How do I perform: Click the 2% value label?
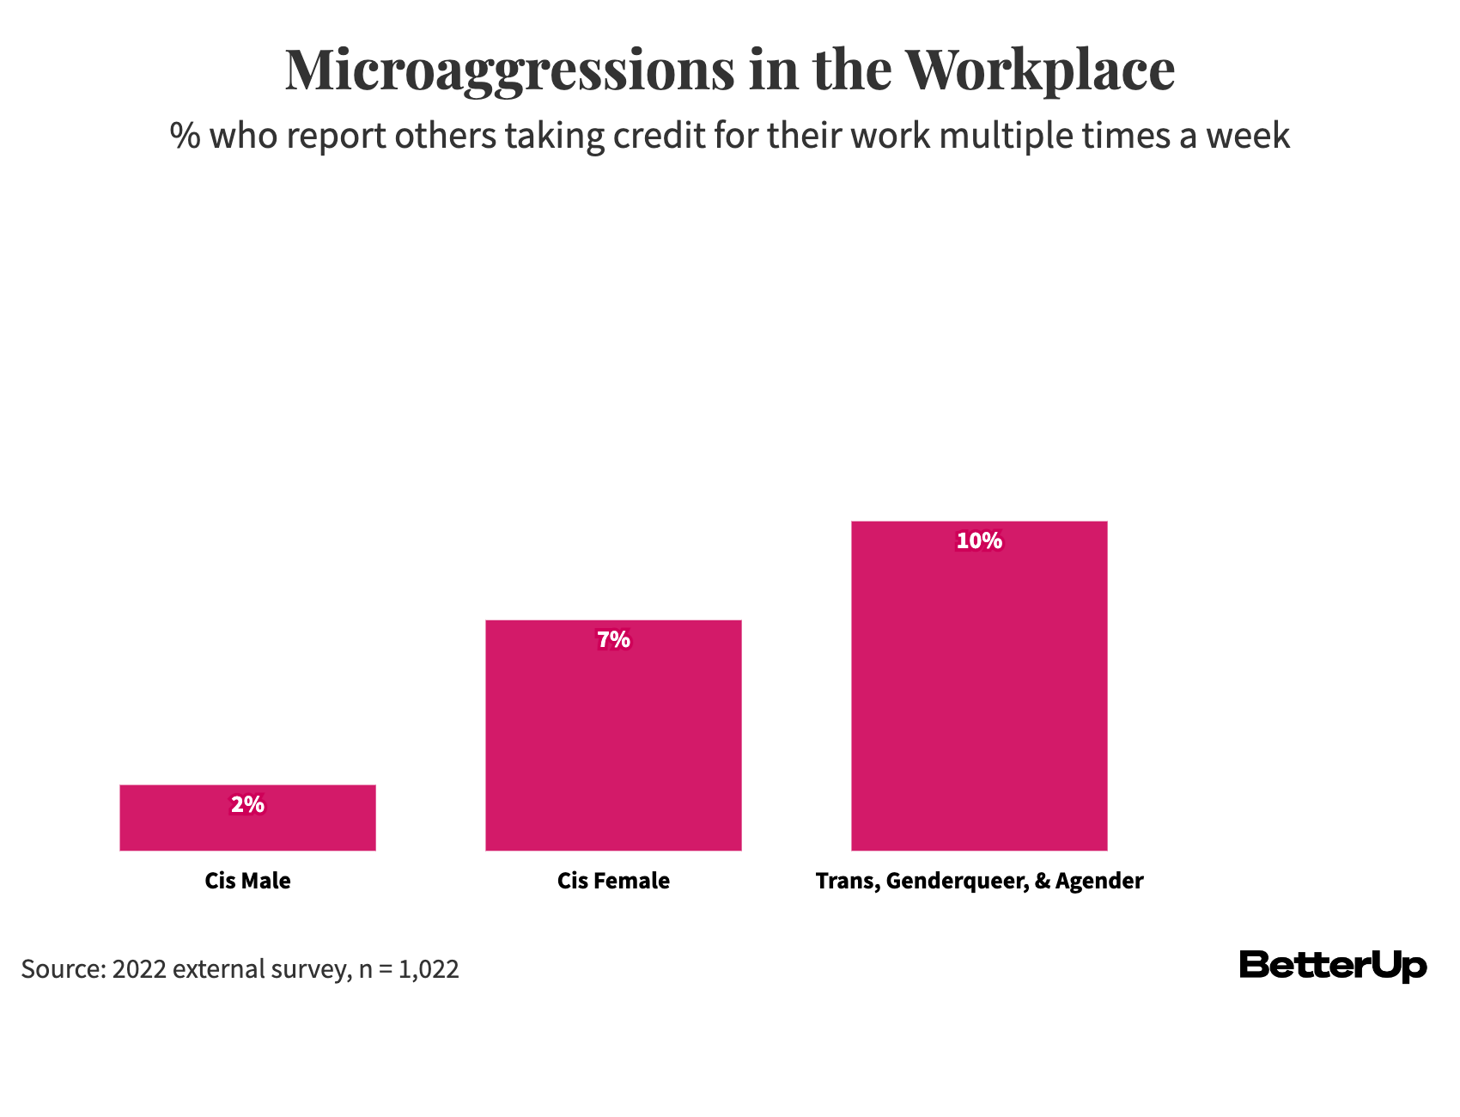247,805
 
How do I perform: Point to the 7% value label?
613,640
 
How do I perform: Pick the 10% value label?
979,541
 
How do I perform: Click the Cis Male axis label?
247,881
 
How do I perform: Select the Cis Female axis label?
613,881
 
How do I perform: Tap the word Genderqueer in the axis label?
956,882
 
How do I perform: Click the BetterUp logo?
1333,966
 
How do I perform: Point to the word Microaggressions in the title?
510,70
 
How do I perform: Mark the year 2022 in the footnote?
139,969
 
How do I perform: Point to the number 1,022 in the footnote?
429,969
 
